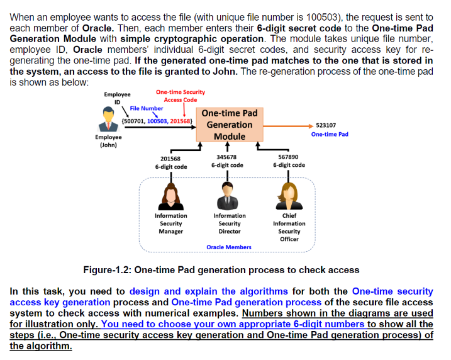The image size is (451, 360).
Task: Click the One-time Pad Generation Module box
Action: coord(230,125)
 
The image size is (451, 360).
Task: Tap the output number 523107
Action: coord(325,125)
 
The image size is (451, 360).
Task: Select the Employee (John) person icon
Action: coord(108,119)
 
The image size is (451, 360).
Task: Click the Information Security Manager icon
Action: coord(170,196)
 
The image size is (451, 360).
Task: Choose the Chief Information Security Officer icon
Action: coord(289,196)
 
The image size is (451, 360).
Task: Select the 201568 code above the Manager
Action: coord(170,159)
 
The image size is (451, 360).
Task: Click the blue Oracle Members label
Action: coord(229,247)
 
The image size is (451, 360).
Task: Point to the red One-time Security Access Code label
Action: coord(181,96)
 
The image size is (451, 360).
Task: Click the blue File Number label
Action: coord(146,108)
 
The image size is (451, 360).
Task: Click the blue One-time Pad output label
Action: coord(330,134)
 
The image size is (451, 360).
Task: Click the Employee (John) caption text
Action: coord(108,140)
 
